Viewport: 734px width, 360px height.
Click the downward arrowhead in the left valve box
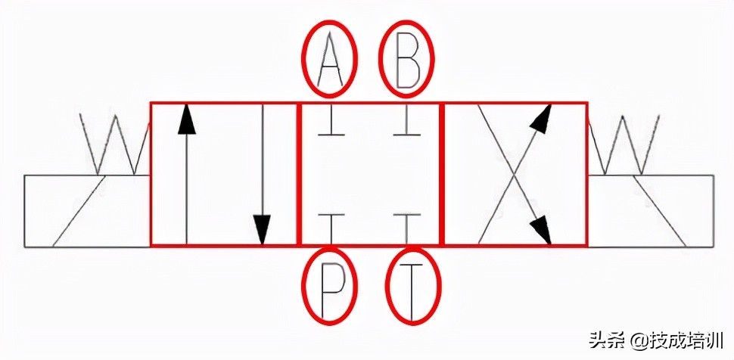click(262, 228)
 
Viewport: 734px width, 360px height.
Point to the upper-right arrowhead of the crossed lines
click(540, 119)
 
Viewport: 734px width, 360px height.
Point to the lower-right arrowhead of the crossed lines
click(540, 228)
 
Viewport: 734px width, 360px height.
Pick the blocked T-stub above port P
click(331, 225)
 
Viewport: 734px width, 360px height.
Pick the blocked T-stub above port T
click(408, 225)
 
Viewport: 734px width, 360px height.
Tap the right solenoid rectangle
click(651, 211)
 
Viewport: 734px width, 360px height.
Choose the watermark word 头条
click(608, 341)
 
